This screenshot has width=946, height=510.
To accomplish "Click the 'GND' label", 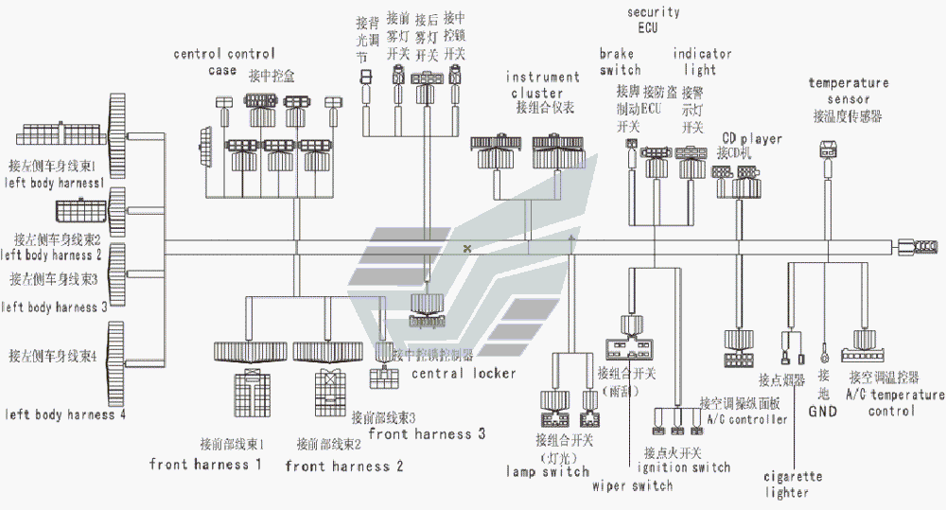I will tap(822, 411).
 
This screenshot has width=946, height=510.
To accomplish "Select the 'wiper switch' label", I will tap(632, 485).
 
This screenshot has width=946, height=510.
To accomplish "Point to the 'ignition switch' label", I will tap(683, 466).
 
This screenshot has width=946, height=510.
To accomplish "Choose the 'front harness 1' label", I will tap(205, 464).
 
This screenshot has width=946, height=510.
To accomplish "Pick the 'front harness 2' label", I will tap(344, 466).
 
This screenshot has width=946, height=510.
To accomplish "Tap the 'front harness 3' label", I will tap(427, 434).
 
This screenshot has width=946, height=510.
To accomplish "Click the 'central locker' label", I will tap(464, 373).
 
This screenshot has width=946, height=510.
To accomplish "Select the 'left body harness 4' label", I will tap(65, 414).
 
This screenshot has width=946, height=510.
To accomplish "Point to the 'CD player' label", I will tap(752, 139).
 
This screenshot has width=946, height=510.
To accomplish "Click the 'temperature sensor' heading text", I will tap(849, 91).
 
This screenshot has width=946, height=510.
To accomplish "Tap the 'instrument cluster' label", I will tap(543, 85).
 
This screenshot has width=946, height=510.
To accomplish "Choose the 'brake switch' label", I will tap(620, 62).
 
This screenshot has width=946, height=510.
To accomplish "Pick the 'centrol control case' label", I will tap(224, 62).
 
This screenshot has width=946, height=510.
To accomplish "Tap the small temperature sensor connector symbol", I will tap(829, 149).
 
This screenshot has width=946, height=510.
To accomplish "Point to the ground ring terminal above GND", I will tap(826, 357).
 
